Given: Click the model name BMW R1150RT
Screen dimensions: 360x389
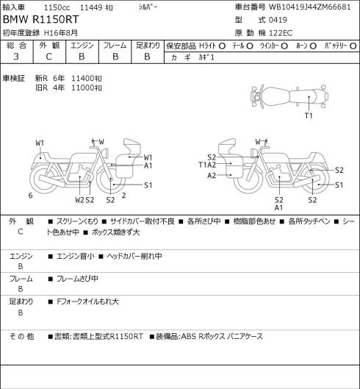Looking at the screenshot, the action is [x=40, y=20].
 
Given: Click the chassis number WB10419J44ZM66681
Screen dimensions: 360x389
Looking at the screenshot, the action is [x=309, y=7].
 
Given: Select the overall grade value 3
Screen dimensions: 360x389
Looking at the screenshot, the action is [x=16, y=57].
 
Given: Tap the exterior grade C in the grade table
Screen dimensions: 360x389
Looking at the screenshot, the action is [x=48, y=57].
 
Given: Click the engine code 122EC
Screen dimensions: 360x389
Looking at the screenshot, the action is [x=281, y=33].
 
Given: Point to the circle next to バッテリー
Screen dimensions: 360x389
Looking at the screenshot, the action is [x=353, y=46].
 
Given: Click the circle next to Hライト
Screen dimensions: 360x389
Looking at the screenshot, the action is [x=222, y=46].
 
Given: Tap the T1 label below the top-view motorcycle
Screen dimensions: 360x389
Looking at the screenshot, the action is [x=309, y=115].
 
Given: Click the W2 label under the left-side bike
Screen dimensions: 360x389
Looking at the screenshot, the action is [x=79, y=200].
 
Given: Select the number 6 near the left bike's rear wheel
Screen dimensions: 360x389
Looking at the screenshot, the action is [x=31, y=196].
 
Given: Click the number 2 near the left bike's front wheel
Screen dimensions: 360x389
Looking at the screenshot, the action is [x=124, y=196].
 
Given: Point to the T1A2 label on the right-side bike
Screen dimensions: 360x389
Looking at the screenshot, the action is [x=207, y=165].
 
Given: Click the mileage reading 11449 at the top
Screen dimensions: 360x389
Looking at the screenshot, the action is [x=91, y=7].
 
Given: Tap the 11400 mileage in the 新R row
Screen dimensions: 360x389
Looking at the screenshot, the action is [x=82, y=79].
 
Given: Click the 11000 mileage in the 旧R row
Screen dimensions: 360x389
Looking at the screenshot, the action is [x=82, y=88].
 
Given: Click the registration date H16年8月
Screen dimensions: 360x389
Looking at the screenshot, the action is [x=61, y=33].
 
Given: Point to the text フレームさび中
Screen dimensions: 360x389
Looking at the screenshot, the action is [x=77, y=279].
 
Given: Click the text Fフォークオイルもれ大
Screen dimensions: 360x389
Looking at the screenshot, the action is [x=87, y=301].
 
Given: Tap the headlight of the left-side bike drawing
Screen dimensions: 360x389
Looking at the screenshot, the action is [x=106, y=152].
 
